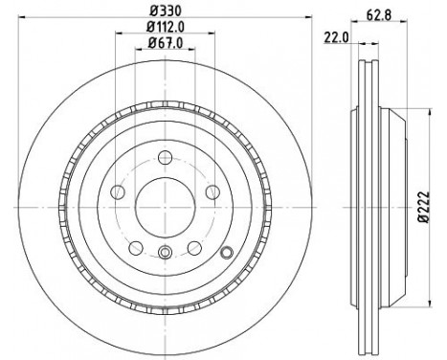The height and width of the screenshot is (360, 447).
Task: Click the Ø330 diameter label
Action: pyautogui.click(x=165, y=11)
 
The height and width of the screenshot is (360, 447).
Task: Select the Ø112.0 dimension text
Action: pyautogui.click(x=165, y=29)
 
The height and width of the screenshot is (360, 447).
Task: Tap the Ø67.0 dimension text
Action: pyautogui.click(x=165, y=45)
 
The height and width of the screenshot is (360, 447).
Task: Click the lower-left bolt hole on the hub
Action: pyautogui.click(x=137, y=248)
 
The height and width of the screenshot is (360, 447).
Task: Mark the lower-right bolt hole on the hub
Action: pyautogui.click(x=194, y=248)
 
